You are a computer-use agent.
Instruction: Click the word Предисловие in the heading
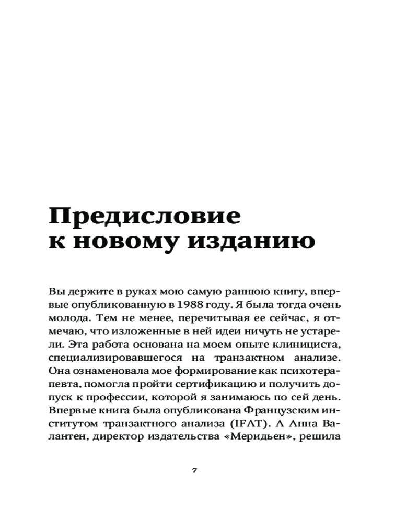click(145, 217)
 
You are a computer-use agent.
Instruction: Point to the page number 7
click(194, 470)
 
